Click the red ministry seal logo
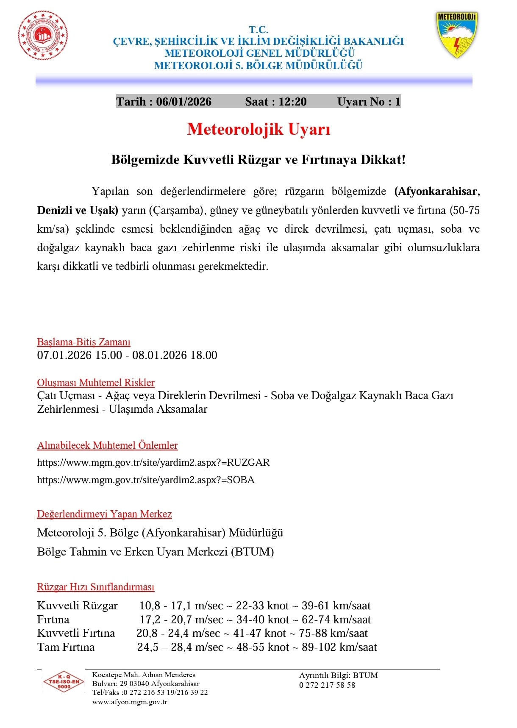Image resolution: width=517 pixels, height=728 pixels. coord(42,35)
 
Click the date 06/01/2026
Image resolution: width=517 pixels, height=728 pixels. coord(183,102)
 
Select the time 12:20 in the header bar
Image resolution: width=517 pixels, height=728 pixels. coord(292,102)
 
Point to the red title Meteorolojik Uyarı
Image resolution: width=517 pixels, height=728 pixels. coord(258,129)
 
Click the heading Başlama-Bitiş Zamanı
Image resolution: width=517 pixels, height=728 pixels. coord(83,342)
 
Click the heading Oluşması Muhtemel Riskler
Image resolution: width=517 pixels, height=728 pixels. coord(96,383)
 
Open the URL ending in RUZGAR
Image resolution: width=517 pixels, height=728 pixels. coord(153,462)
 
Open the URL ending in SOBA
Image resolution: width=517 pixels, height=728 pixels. coord(146,480)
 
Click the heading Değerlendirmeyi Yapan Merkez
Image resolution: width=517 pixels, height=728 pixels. coord(104,514)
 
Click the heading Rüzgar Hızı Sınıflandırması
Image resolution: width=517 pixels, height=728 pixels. coord(96,587)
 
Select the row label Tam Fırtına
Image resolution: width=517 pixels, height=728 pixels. coord(66,647)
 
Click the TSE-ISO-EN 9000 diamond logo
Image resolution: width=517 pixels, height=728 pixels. coord(64,682)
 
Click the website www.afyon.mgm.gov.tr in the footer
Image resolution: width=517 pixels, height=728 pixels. coord(130,702)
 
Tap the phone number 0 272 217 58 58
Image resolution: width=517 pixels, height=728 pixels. coord(327,685)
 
